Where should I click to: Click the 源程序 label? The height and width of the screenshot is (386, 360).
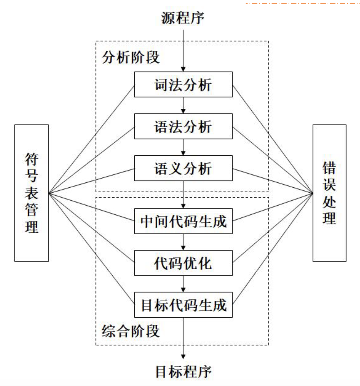coord(183,18)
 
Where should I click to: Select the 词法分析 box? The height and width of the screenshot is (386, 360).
coord(183,85)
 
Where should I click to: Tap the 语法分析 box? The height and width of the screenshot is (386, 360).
coord(183,126)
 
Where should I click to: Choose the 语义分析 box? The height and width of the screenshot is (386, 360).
coord(183,168)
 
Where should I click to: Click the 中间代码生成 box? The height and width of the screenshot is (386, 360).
coord(183,221)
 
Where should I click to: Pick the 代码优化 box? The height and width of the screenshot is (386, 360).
coord(183,263)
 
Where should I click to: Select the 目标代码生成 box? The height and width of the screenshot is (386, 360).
coord(183,305)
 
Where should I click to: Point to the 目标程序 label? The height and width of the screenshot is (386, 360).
coord(183,372)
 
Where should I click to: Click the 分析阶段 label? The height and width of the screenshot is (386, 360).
coord(131,58)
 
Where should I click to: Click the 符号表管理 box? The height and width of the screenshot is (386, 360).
coord(32,193)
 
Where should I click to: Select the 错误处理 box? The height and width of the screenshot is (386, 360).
coord(329,193)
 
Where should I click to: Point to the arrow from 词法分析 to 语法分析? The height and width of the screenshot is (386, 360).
coord(183,105)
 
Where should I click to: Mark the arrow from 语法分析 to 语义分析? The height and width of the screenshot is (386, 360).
coord(183,147)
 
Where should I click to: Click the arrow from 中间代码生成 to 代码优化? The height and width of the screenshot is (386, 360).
coord(183,242)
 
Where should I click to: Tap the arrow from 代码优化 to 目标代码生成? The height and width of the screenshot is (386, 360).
coord(183,284)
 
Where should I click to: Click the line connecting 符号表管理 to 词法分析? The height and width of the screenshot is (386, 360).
coord(91,139)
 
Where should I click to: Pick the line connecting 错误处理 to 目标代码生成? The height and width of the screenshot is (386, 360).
coord(272,249)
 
